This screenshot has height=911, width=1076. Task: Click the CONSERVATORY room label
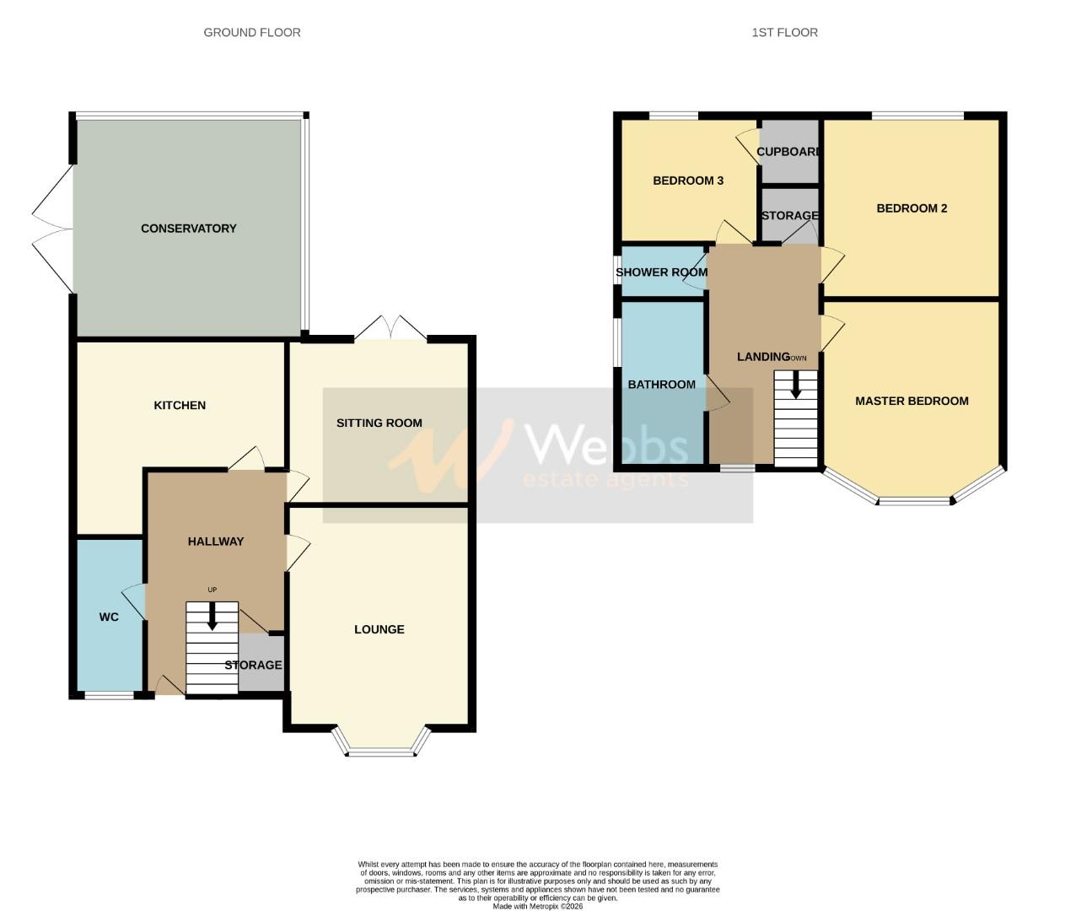tap(188, 229)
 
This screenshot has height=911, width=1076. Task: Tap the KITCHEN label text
tap(180, 406)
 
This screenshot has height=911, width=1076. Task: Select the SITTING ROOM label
tap(379, 423)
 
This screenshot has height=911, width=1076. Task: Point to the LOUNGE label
tap(379, 629)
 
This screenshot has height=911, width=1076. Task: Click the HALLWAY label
tap(215, 542)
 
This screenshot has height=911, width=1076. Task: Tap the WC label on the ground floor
tap(109, 617)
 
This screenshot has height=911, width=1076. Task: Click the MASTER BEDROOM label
tap(912, 402)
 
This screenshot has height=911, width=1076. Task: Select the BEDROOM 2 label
tap(912, 208)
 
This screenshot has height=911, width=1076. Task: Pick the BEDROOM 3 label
tap(688, 181)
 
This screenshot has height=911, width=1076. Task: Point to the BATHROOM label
tap(661, 385)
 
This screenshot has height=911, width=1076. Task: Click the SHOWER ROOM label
tap(661, 272)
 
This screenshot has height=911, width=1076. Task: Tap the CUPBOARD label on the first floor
tap(788, 152)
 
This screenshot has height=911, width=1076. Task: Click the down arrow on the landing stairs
tap(795, 387)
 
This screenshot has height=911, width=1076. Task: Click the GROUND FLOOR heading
tap(252, 33)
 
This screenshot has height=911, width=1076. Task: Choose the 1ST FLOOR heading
tap(784, 33)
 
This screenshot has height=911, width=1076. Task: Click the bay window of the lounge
tap(381, 747)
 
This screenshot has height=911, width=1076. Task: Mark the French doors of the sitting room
tap(390, 329)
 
